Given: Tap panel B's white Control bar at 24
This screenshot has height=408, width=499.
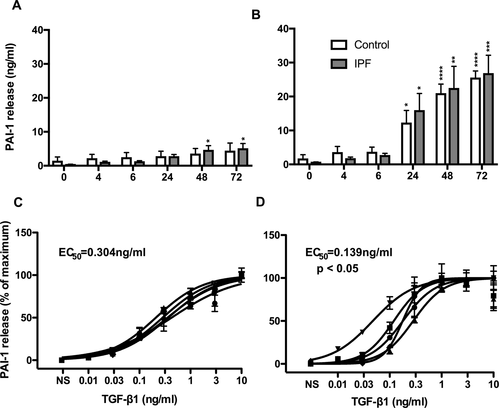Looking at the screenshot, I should [406, 144].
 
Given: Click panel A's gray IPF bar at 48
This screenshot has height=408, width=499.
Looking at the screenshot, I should [208, 158].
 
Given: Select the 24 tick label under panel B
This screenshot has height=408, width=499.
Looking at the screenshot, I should [413, 176].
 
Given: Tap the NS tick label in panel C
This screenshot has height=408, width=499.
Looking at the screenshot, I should [63, 381].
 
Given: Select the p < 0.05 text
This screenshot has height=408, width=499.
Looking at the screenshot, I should [338, 268].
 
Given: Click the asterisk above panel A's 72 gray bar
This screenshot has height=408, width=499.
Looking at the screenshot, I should [243, 139].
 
